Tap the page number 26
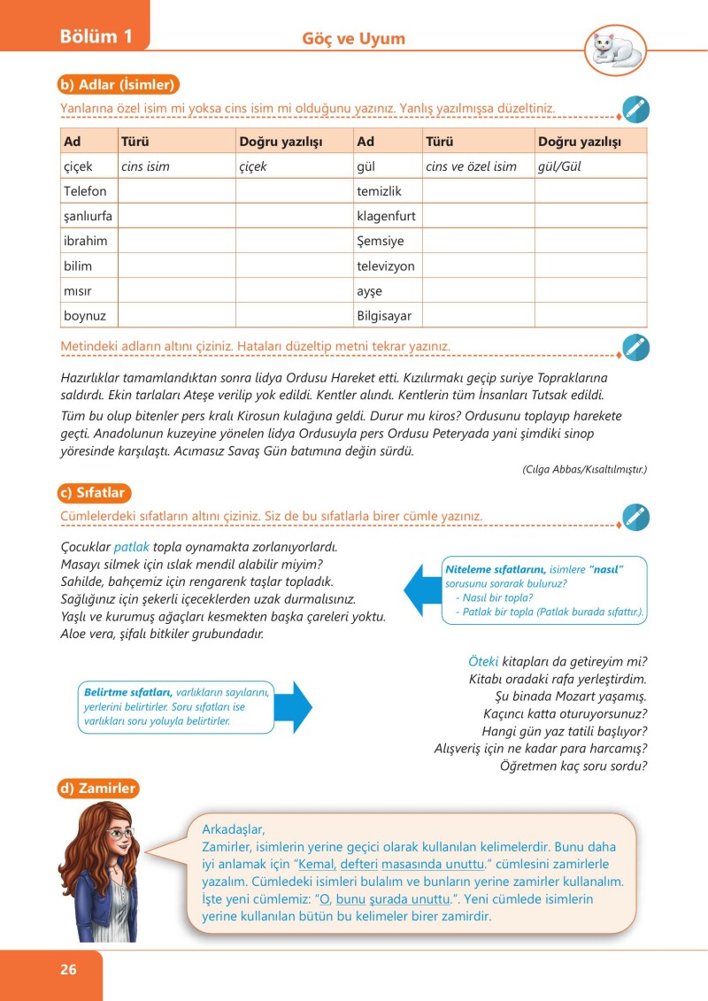coord(68,969)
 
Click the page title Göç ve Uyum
coord(354,39)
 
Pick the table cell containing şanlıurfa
coord(87,216)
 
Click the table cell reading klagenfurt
coord(386,216)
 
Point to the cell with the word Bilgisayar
coord(384,315)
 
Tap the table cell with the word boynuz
coord(84,315)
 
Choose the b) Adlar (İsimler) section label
coord(119,85)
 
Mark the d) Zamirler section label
coord(98,788)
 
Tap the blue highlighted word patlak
coord(132,547)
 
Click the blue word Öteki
coord(484,661)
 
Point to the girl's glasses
coord(118,834)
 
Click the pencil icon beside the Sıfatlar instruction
coord(635,517)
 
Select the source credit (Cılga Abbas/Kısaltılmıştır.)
coord(584,470)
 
